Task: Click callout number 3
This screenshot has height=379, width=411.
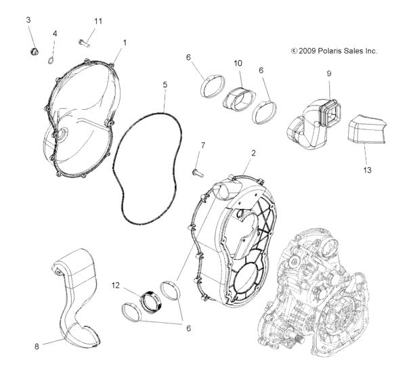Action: coord(29,20)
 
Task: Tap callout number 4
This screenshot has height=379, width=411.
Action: coord(55,34)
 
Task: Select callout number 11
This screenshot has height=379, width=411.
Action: coord(98,22)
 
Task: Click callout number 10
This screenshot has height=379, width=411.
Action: coord(238,62)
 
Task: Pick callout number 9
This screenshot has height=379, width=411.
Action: coord(328,73)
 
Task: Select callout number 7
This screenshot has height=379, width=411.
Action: coord(202,145)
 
